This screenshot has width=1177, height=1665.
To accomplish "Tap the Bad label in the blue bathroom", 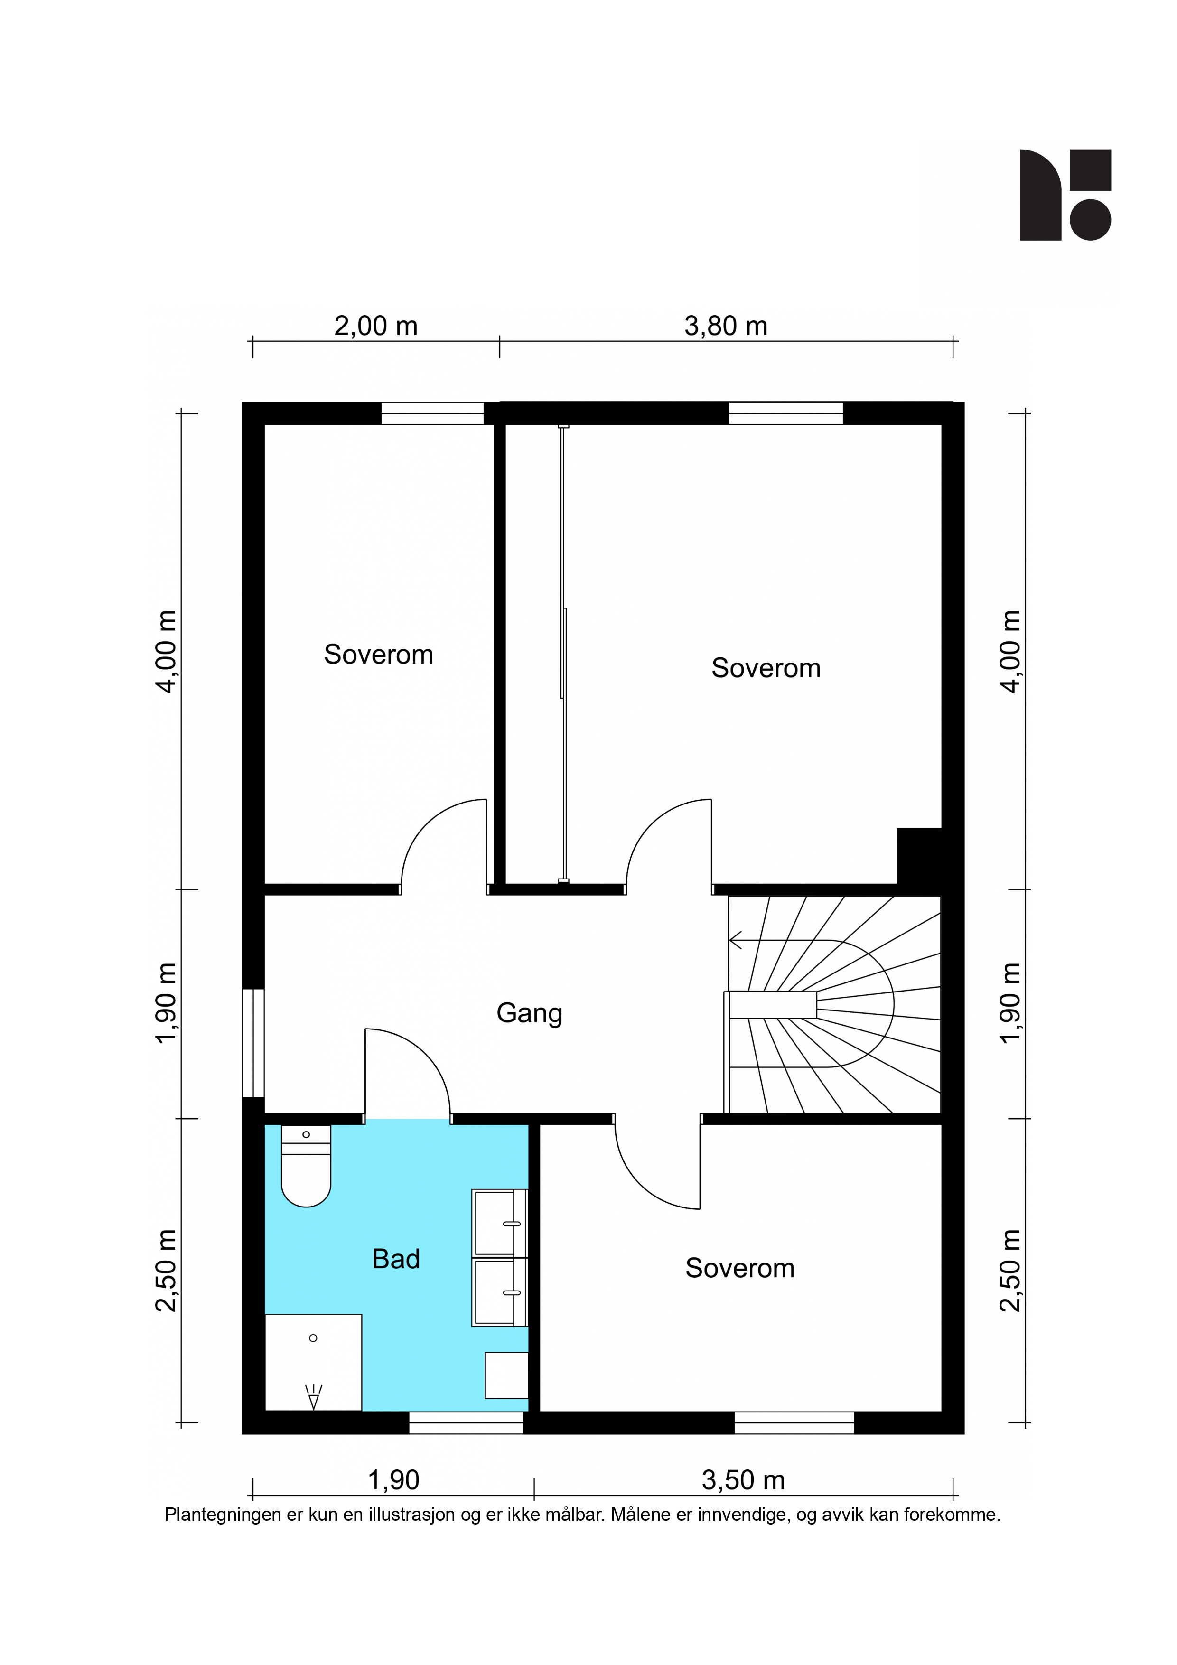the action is click(396, 1259).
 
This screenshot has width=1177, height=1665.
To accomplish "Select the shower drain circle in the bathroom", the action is click(313, 1338).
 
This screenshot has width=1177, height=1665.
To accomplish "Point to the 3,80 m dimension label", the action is click(726, 327).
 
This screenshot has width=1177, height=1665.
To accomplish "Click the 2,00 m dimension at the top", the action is click(376, 327).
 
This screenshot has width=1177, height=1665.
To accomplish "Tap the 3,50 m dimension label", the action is click(743, 1480).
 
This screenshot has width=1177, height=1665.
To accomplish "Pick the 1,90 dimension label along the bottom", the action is click(394, 1480).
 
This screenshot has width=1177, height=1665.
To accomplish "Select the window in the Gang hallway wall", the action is click(253, 1044).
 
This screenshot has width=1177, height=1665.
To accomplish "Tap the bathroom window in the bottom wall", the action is click(467, 1423).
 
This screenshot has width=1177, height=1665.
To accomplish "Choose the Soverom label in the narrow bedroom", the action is click(379, 655).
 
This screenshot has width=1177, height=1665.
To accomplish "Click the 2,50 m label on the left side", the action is click(166, 1271).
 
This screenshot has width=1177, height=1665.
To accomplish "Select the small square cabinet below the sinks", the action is click(506, 1375).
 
